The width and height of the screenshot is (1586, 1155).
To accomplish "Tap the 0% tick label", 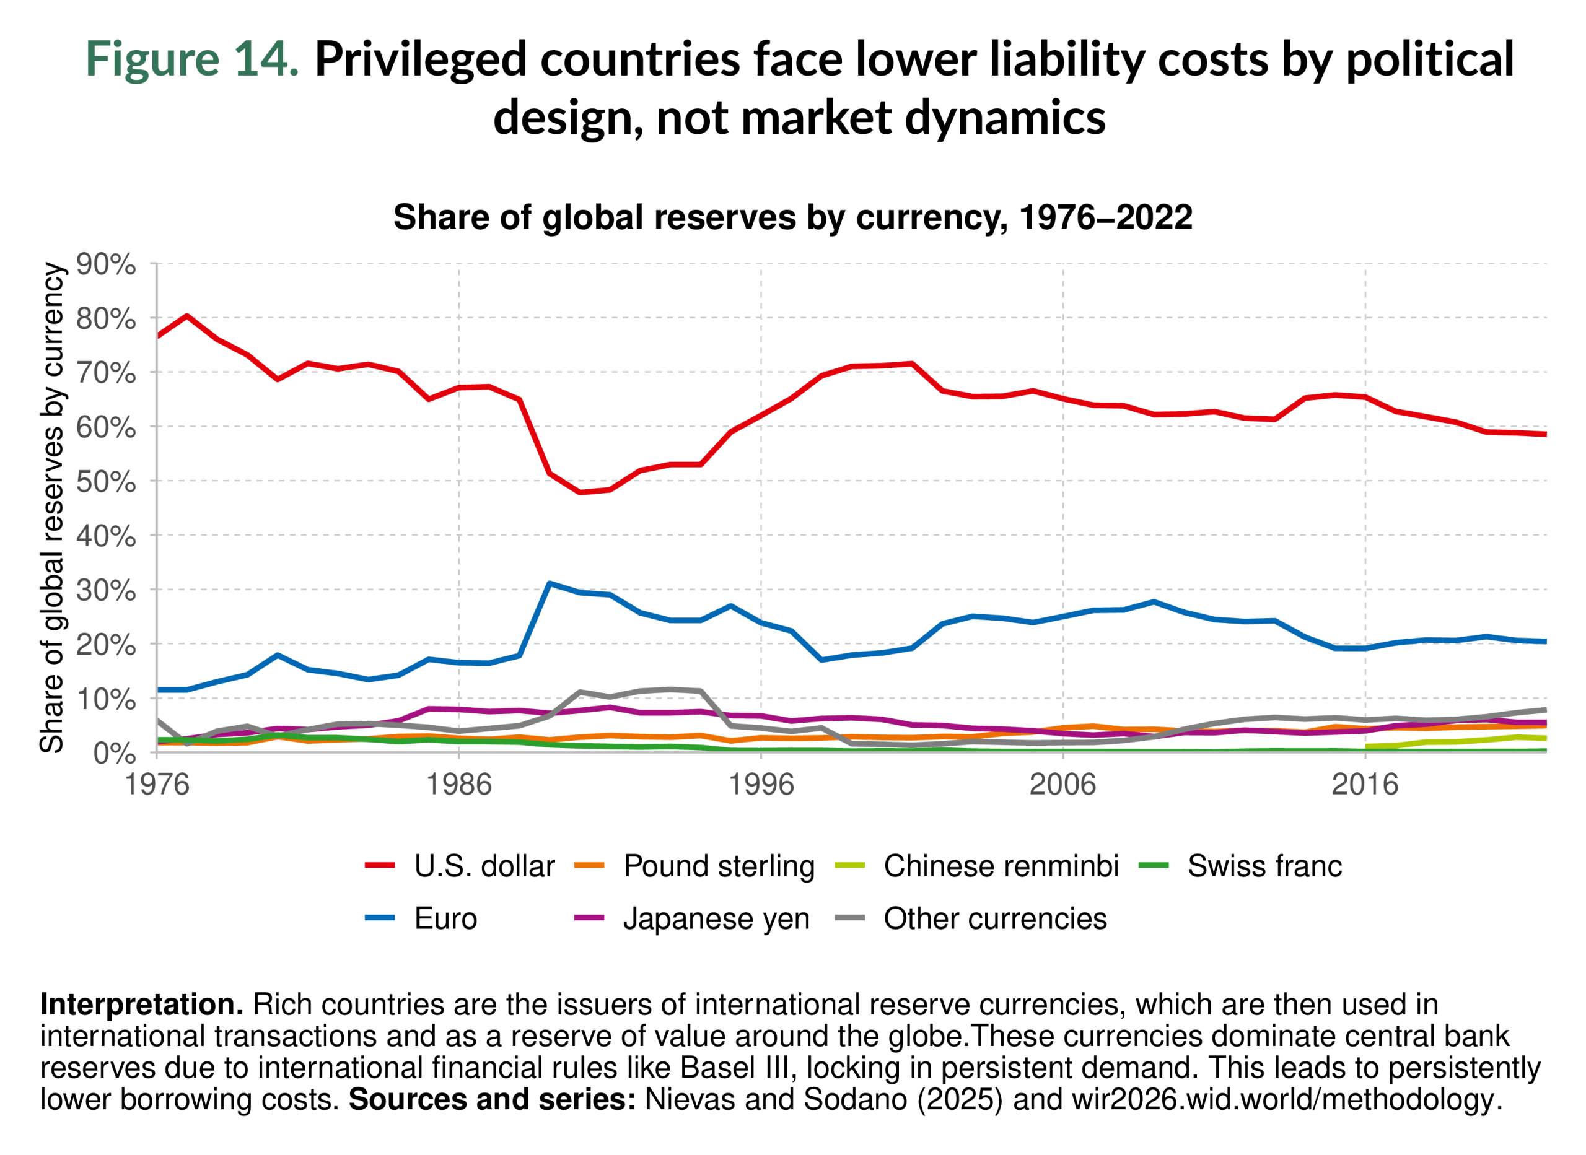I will click(x=113, y=754).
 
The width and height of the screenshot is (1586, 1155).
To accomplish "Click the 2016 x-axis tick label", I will click(x=1364, y=785).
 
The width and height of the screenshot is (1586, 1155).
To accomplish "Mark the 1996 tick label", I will click(x=761, y=785).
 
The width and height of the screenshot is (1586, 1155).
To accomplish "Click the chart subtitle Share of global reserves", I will click(x=792, y=217).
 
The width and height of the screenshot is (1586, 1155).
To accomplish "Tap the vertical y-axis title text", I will click(x=52, y=508).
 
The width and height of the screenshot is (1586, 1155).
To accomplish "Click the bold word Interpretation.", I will click(x=142, y=1005).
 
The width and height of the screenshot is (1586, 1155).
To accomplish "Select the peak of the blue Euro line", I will click(x=550, y=583).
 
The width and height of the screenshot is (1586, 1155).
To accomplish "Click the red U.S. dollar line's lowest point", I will click(x=580, y=492).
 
